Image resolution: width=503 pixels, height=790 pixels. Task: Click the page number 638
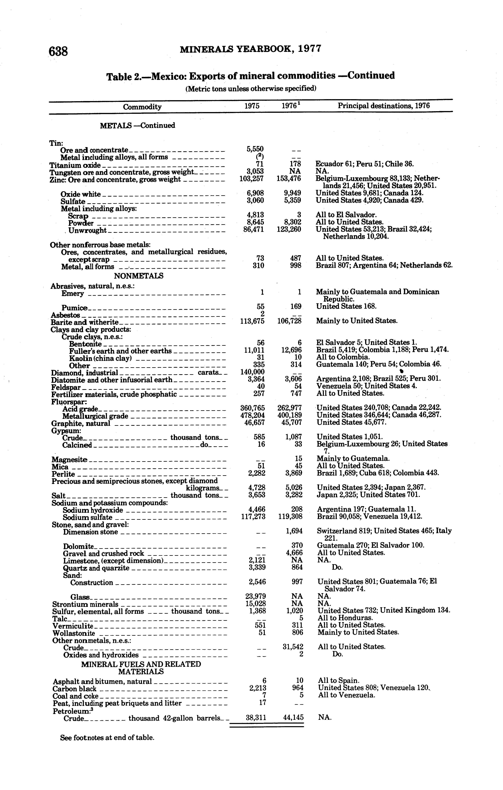58,51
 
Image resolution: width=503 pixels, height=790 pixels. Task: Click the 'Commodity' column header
142,107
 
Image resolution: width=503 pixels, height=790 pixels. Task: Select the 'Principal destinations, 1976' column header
384,106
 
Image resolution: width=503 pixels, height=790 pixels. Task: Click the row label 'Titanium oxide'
75,165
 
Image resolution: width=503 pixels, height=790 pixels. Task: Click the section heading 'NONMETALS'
138,276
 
